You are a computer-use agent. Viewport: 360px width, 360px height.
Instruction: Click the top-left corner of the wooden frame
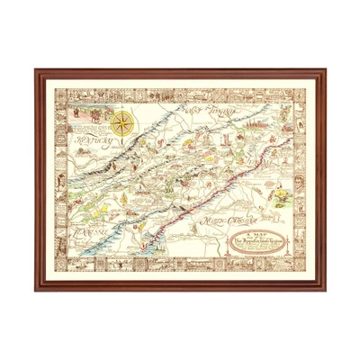tap(37, 70)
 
